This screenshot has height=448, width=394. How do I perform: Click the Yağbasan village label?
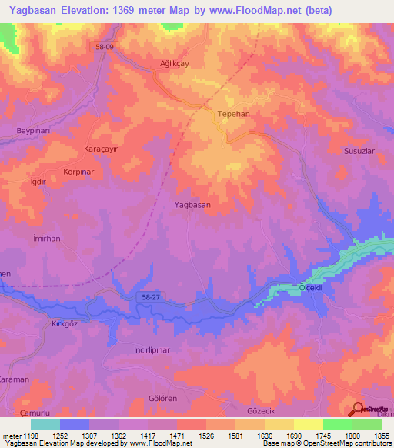tap(192, 205)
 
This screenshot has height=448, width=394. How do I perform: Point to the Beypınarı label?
tap(34, 131)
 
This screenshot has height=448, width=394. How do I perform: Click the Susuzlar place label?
tap(359, 151)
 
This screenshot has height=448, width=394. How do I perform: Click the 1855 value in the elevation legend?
tap(380, 436)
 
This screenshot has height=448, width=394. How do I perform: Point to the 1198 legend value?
tap(31, 436)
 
